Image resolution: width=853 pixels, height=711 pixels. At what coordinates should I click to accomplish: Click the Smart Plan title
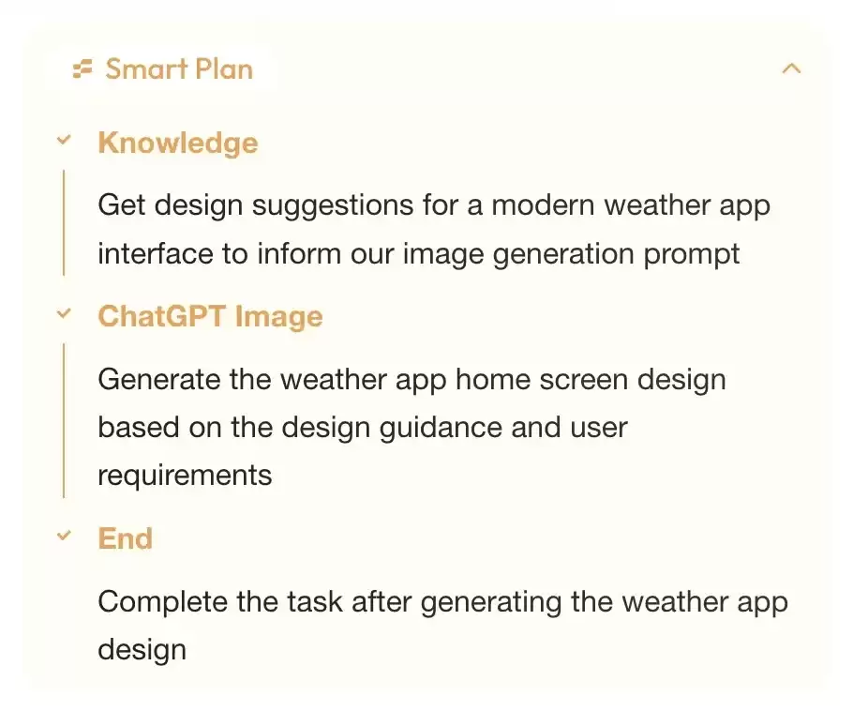pyautogui.click(x=179, y=69)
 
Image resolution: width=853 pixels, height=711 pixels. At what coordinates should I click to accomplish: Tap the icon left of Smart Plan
pyautogui.click(x=82, y=69)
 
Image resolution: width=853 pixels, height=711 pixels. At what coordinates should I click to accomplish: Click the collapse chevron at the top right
pyautogui.click(x=791, y=68)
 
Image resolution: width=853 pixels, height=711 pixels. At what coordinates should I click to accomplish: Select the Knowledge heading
pyautogui.click(x=178, y=144)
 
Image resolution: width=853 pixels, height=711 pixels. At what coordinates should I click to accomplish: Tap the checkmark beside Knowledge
pyautogui.click(x=64, y=140)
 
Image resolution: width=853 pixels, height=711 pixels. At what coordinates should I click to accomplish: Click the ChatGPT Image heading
pyautogui.click(x=211, y=317)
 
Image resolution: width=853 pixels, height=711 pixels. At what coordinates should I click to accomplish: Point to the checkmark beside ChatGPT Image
pyautogui.click(x=64, y=313)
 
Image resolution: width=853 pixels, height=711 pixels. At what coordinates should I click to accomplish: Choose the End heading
pyautogui.click(x=125, y=539)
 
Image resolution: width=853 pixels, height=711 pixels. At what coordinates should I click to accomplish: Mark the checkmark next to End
pyautogui.click(x=64, y=536)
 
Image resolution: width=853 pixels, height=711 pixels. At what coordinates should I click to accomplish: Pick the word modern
pyautogui.click(x=543, y=205)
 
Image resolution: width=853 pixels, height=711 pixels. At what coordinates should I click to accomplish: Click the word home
pyautogui.click(x=493, y=379)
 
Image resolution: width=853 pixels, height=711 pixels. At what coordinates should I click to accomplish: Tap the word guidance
pyautogui.click(x=441, y=429)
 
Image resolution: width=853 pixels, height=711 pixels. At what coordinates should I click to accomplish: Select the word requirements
pyautogui.click(x=185, y=476)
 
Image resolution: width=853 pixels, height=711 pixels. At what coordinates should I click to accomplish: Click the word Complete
pyautogui.click(x=163, y=603)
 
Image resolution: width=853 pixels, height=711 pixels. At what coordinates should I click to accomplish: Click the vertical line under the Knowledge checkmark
pyautogui.click(x=64, y=222)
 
